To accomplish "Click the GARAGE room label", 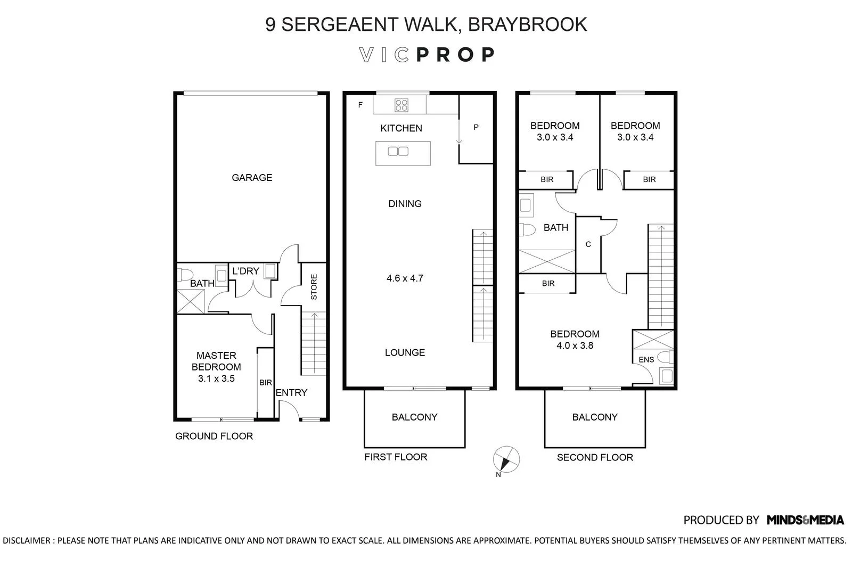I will pyautogui.click(x=252, y=178).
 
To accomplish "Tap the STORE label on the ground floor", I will pyautogui.click(x=314, y=287).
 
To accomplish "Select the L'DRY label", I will pyautogui.click(x=245, y=271).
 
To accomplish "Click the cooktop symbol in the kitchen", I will pyautogui.click(x=401, y=105).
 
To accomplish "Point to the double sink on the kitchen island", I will pyautogui.click(x=398, y=152).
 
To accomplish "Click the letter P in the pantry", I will pyautogui.click(x=476, y=127).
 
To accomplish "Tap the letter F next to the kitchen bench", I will pyautogui.click(x=361, y=105).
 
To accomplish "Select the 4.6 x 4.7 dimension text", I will pyautogui.click(x=405, y=278).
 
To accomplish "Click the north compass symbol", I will pyautogui.click(x=506, y=459).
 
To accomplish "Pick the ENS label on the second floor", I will pyautogui.click(x=646, y=360).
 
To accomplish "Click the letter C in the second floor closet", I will pyautogui.click(x=588, y=244).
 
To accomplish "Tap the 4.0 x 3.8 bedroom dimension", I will pyautogui.click(x=575, y=345).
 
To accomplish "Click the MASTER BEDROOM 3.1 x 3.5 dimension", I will pyautogui.click(x=216, y=378).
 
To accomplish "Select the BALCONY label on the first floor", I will pyautogui.click(x=414, y=417).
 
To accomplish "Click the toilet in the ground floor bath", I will pyautogui.click(x=185, y=275).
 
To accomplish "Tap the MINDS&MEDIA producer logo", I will pyautogui.click(x=805, y=520).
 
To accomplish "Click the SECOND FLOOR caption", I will pyautogui.click(x=595, y=457).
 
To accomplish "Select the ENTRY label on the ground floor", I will pyautogui.click(x=291, y=393).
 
